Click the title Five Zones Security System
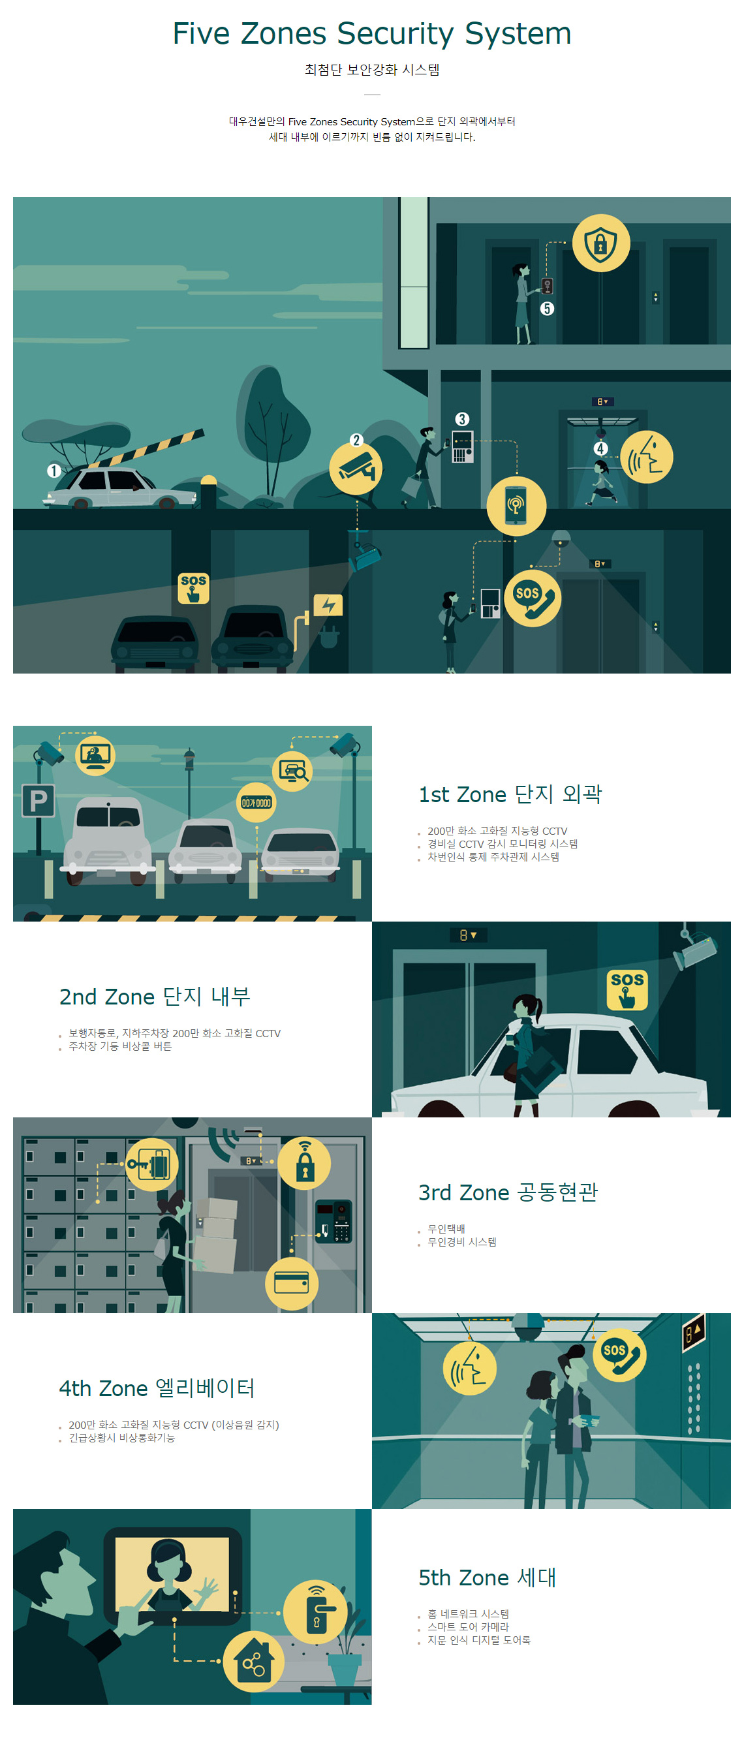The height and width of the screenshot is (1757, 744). (x=371, y=33)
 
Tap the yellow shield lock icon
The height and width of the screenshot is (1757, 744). (x=600, y=243)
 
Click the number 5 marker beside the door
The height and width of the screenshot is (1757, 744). (x=547, y=308)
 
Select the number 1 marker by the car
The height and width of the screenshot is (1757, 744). (x=54, y=470)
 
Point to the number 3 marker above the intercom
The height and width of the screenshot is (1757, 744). (x=461, y=419)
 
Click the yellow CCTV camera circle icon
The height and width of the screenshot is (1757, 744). (x=355, y=469)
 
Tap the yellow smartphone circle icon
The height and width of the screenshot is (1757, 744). (x=516, y=505)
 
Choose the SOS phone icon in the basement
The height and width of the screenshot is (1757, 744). (x=533, y=598)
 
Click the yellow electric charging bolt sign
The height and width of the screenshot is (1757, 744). (x=328, y=604)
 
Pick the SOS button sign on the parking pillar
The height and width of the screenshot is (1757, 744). (x=193, y=588)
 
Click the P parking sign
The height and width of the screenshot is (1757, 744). (x=39, y=800)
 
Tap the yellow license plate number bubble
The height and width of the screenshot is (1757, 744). (x=256, y=803)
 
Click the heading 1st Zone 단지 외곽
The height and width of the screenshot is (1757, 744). (x=510, y=794)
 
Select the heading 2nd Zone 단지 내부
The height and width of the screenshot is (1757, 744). (x=155, y=997)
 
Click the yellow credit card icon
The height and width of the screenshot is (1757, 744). (x=291, y=1283)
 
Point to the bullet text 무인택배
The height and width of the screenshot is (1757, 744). (x=446, y=1228)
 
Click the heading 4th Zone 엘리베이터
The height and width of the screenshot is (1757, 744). (x=157, y=1388)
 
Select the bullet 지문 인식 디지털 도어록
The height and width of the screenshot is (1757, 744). (x=479, y=1640)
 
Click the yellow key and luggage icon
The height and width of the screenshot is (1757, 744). (x=152, y=1164)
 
